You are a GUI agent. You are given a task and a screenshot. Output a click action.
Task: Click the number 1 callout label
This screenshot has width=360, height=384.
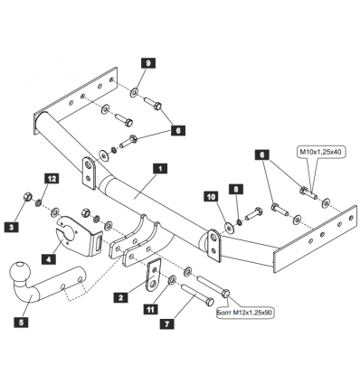click(160, 169)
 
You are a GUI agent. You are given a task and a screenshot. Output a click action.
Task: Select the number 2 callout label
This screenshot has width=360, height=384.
click(120, 297)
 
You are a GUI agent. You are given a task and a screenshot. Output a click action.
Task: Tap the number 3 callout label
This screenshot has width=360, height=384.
click(12, 226)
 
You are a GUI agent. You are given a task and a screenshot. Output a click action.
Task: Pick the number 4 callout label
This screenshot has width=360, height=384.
click(49, 259)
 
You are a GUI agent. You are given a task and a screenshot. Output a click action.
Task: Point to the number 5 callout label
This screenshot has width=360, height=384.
click(21, 323)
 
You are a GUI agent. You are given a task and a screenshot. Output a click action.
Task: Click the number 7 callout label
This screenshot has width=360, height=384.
click(167, 323)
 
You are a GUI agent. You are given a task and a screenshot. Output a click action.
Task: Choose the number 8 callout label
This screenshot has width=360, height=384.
click(236, 189)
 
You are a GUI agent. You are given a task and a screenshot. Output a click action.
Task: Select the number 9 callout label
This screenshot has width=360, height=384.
click(148, 63)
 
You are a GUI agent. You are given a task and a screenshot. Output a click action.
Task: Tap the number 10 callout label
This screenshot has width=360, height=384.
click(212, 196)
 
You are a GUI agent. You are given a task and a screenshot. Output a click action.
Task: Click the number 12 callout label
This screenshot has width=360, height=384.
click(52, 179)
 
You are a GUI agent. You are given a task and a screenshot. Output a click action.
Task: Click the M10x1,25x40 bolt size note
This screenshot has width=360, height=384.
click(320, 153)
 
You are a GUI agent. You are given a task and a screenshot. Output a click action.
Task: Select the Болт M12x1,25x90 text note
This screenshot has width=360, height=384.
click(244, 314)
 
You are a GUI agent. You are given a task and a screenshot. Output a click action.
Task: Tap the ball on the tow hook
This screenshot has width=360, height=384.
click(20, 272)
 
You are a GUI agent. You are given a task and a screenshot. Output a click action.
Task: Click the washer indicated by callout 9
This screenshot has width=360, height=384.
click(135, 92)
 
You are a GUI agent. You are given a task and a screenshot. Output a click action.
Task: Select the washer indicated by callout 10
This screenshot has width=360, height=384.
click(229, 229)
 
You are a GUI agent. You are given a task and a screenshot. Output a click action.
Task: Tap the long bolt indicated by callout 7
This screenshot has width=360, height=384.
click(197, 294)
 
